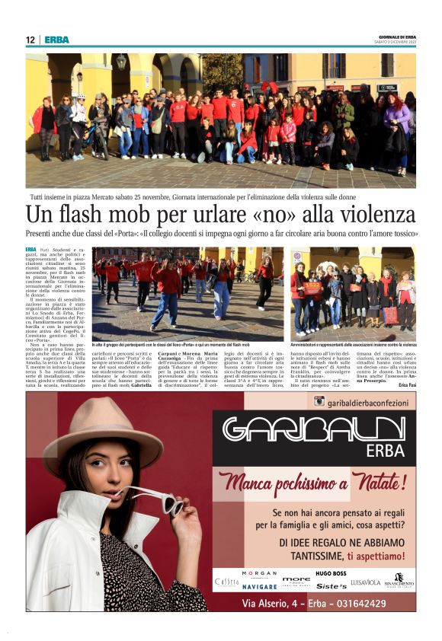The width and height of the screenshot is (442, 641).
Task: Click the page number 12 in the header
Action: pyautogui.click(x=30, y=40)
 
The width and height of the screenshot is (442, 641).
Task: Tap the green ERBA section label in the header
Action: pyautogui.click(x=56, y=40)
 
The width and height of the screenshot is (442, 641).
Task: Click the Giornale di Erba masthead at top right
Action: pyautogui.click(x=397, y=37)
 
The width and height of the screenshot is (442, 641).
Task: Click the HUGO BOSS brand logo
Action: pyautogui.click(x=331, y=572)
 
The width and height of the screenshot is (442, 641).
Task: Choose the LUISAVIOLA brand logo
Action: pyautogui.click(x=366, y=582)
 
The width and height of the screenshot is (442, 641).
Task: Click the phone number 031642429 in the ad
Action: pyautogui.click(x=357, y=603)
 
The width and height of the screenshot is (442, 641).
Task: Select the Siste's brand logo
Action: pyautogui.click(x=331, y=586)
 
